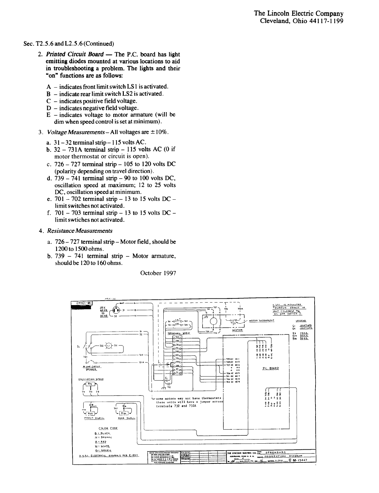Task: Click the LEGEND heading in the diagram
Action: coord(301,321)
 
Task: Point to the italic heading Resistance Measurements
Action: coord(80,231)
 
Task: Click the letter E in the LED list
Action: coord(48,115)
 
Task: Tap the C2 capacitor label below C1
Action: coord(169,387)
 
